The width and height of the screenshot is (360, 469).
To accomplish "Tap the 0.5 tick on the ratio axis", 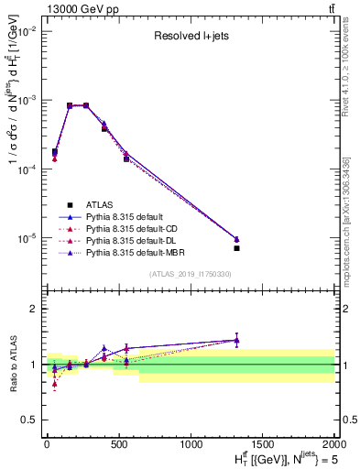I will tap(30, 420).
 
